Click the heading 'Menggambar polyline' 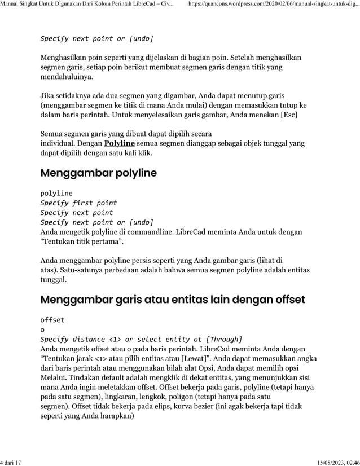98,173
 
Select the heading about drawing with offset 173,298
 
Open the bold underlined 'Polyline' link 119,143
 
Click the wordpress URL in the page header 273,5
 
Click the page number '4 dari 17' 11,462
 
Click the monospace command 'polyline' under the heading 56,193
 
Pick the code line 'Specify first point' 78,203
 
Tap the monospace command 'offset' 52,319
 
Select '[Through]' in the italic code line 224,339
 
